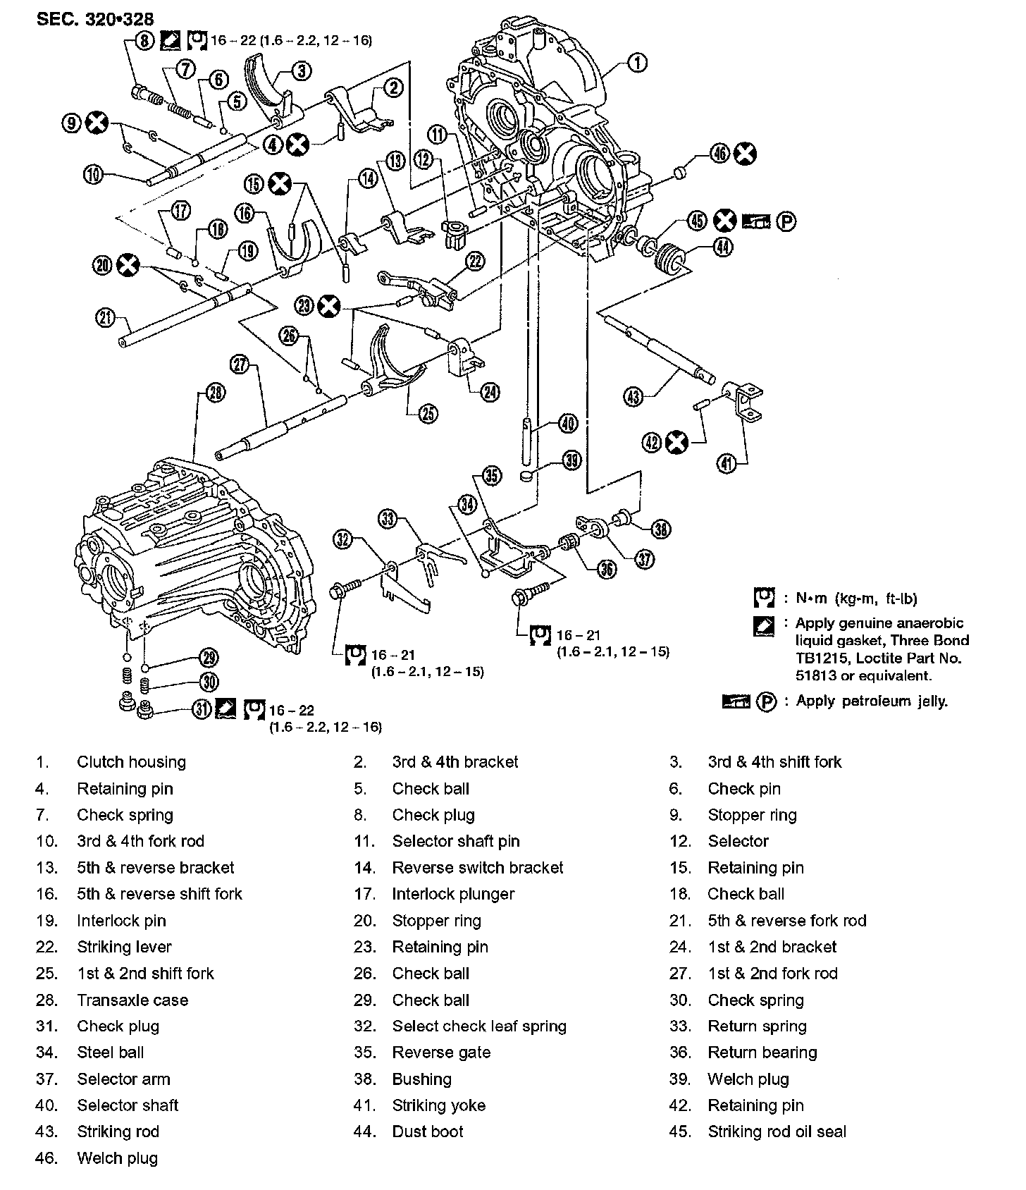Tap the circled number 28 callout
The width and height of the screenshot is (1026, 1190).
pyautogui.click(x=216, y=393)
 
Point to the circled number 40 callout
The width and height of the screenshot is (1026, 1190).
pyautogui.click(x=567, y=424)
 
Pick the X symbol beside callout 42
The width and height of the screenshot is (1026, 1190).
pyautogui.click(x=676, y=443)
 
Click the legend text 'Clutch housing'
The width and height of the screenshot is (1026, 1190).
pyautogui.click(x=131, y=762)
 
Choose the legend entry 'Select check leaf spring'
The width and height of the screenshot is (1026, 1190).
pyautogui.click(x=479, y=1026)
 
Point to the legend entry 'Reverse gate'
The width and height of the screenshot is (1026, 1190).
pyautogui.click(x=441, y=1053)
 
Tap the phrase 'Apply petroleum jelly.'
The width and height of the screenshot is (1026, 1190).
pyautogui.click(x=872, y=701)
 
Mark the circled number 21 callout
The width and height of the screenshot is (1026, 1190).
pyautogui.click(x=105, y=318)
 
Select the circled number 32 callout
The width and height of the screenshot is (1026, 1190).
pyautogui.click(x=343, y=540)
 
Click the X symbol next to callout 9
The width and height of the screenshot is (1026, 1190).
pyautogui.click(x=96, y=123)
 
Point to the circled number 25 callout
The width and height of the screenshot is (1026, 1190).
pyautogui.click(x=428, y=413)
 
